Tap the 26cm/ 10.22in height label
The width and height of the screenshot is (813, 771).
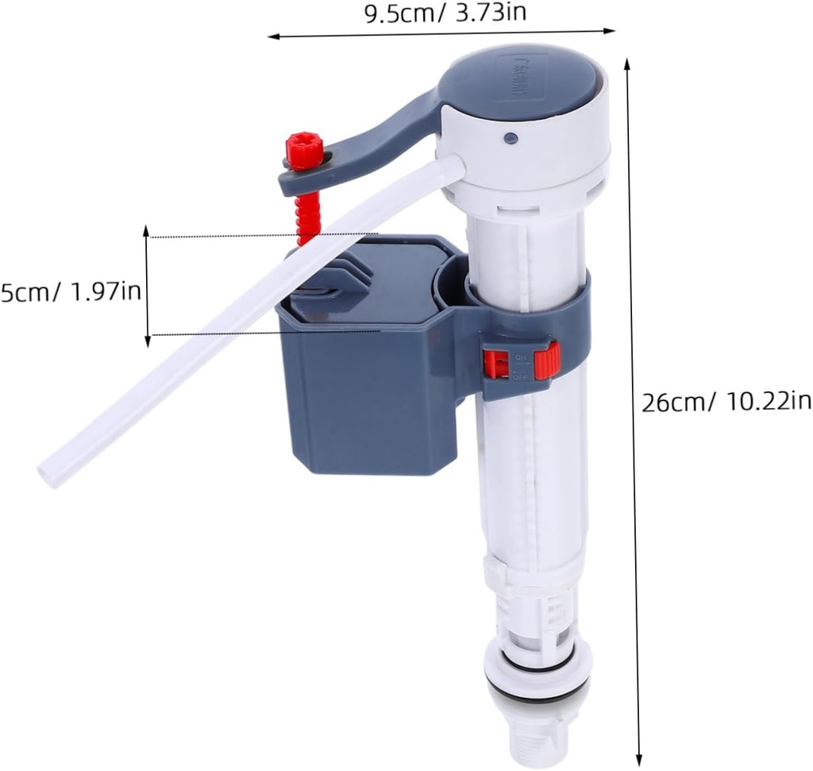tap(726, 402)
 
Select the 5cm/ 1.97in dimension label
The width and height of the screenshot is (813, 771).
tap(71, 291)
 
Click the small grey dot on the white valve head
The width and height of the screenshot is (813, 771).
tap(511, 138)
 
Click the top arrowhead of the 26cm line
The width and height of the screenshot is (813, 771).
tap(628, 64)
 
